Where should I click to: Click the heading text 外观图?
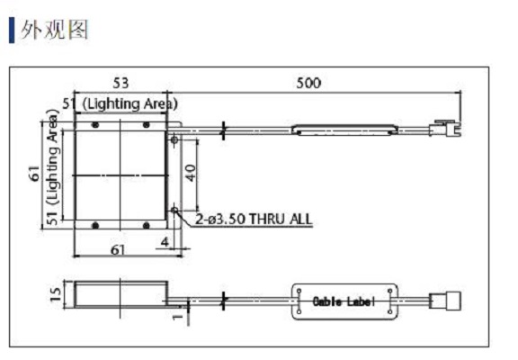[55, 30]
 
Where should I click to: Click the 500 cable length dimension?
[308, 83]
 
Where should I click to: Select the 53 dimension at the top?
[121, 83]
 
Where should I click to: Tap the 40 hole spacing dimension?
[191, 173]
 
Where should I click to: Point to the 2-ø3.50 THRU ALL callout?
[254, 219]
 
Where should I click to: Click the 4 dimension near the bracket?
[165, 242]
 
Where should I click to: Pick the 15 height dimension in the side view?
[56, 294]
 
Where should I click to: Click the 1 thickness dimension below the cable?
[178, 317]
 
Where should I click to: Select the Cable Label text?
[344, 301]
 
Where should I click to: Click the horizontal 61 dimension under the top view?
[118, 250]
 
